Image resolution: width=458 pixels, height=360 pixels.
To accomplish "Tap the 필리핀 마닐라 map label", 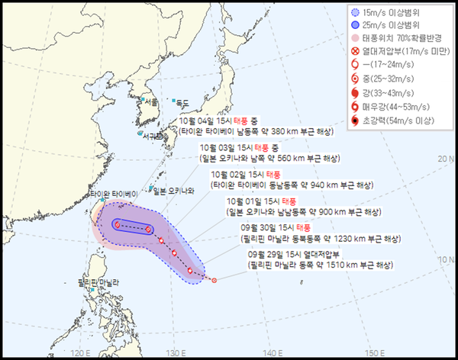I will pyautogui.click(x=99, y=283).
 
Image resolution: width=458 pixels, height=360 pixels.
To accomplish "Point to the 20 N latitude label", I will pyautogui.click(x=446, y=158).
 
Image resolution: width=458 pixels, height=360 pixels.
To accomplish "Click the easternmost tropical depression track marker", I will pyautogui.click(x=214, y=280).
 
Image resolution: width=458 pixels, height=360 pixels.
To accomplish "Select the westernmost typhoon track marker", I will pyautogui.click(x=118, y=223).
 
